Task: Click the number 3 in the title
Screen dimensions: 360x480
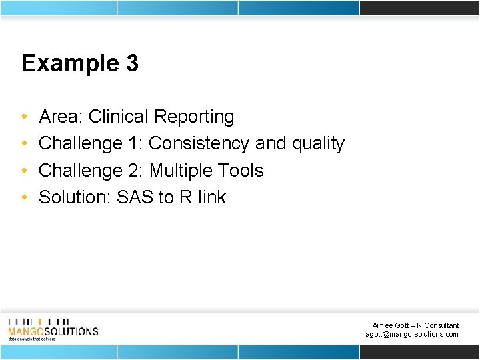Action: pyautogui.click(x=131, y=63)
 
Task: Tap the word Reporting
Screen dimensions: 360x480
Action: pyautogui.click(x=194, y=117)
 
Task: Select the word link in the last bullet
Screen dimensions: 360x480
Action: pyautogui.click(x=213, y=197)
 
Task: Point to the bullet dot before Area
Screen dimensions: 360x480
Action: pyautogui.click(x=24, y=117)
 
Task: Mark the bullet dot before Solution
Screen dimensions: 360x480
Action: pyautogui.click(x=24, y=198)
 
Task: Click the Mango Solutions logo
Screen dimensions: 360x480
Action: pyautogui.click(x=53, y=328)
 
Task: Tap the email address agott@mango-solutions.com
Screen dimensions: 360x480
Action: pyautogui.click(x=411, y=334)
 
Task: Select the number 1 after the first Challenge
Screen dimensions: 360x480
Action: pyautogui.click(x=136, y=144)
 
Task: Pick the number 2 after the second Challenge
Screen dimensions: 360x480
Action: pyautogui.click(x=136, y=171)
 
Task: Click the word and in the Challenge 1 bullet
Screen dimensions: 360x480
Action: pyautogui.click(x=269, y=144)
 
